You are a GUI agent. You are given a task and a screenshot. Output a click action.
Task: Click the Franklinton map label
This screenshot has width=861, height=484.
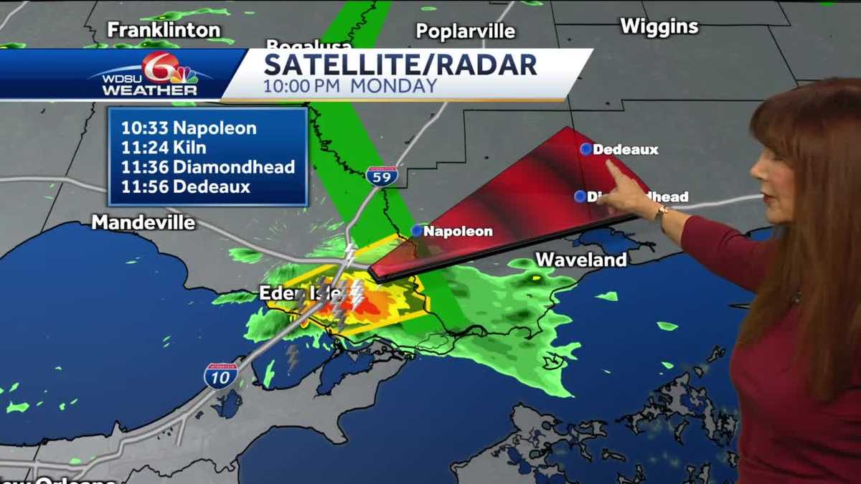coord(164,29)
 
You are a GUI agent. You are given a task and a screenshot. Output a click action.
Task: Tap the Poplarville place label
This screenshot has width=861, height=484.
coord(466,32)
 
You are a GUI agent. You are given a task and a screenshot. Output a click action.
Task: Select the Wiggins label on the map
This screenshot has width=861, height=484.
coord(659,27)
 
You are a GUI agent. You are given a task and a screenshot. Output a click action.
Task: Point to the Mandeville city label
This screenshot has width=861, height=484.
coord(143,222)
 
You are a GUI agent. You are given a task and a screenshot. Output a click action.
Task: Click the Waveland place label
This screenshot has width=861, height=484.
coord(581,260)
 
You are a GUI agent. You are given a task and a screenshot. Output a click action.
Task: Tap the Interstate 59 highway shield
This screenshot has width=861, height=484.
coord(382,176)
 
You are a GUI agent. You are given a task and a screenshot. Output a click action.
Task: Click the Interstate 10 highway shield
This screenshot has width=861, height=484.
coord(220,375)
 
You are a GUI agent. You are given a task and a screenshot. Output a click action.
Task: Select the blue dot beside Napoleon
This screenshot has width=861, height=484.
coord(417,230)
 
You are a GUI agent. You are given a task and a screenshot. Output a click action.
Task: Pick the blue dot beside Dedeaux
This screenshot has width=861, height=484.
coord(586,149)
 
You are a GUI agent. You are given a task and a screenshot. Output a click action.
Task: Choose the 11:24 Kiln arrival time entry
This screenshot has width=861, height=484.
coord(164,148)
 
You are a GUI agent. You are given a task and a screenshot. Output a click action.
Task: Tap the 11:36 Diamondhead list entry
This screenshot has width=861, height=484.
coord(207,168)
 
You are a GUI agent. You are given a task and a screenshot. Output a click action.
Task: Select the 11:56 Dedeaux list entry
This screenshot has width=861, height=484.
coord(185,187)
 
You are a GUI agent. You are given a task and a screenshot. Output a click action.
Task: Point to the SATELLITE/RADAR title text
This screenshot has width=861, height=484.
coord(400,65)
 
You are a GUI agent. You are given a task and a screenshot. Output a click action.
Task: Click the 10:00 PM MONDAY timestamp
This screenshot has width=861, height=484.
coord(350,85)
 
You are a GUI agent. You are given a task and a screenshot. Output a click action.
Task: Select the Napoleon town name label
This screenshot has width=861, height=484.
coord(458,231)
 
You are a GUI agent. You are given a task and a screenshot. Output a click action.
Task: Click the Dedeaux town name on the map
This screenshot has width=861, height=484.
coord(626,150)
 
